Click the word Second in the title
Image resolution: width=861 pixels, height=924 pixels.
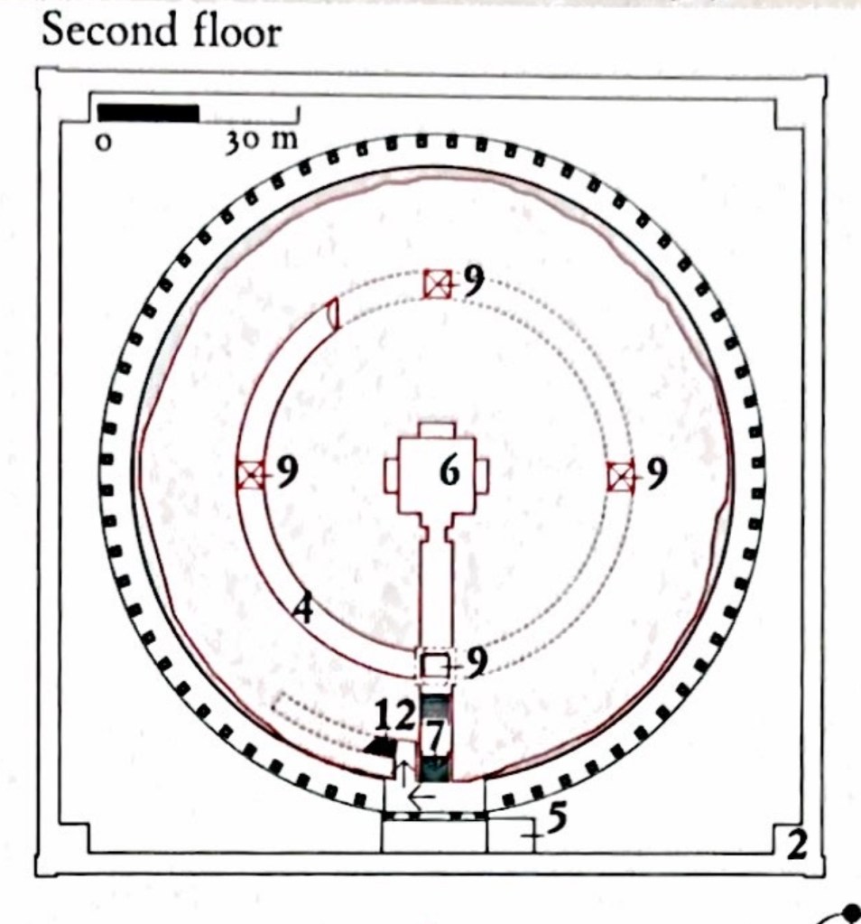coord(109,30)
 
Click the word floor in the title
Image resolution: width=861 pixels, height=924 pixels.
coord(236,30)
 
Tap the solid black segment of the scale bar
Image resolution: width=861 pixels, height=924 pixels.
coord(148,113)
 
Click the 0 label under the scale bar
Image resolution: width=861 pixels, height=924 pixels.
coord(103,143)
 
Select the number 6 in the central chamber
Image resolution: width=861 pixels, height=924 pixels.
coord(450,471)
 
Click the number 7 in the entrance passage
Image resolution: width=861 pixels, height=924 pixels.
coord(435,735)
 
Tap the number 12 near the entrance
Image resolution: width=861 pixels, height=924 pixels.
coord(396,716)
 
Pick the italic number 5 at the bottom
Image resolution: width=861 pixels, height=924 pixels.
coord(557,818)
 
